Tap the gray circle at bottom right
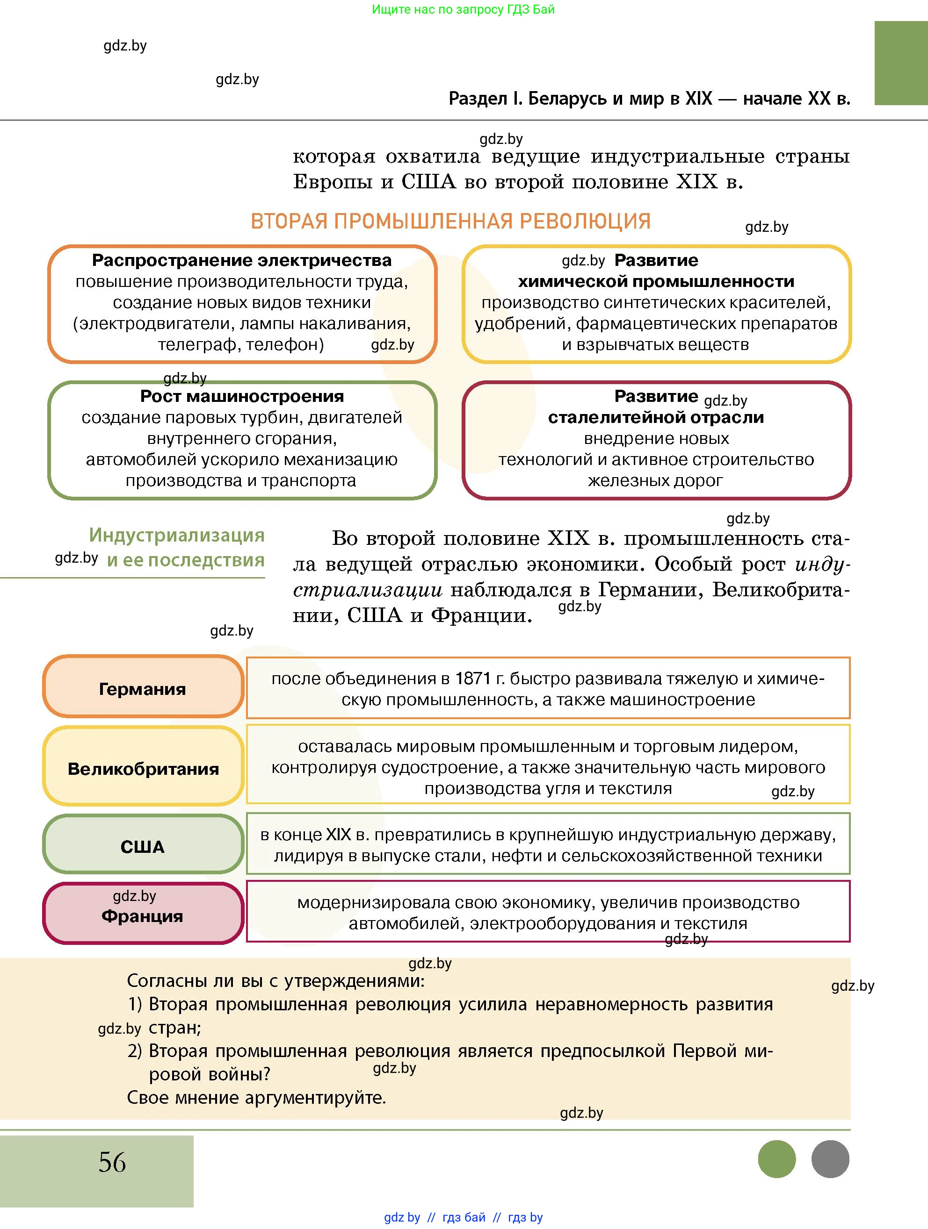point(830,1159)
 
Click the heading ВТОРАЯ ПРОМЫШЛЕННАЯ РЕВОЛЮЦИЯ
point(450,221)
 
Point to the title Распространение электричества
point(241,260)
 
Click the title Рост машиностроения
point(241,396)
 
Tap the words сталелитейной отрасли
point(656,417)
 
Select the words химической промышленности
point(656,282)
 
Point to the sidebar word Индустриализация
point(177,535)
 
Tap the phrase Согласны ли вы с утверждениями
point(275,981)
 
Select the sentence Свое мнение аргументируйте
point(256,1097)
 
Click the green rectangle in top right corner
point(900,63)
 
